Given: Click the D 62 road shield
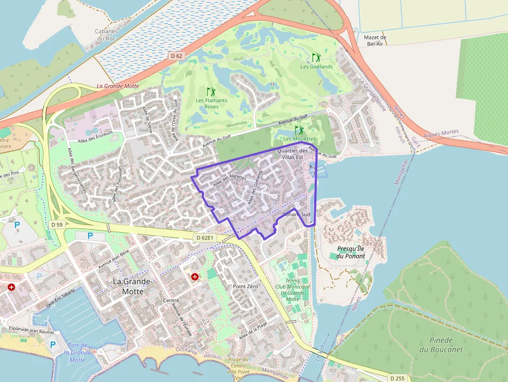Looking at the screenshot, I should (x=176, y=55).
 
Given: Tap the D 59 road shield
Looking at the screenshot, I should (x=57, y=224).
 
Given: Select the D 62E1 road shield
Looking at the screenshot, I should (x=204, y=237).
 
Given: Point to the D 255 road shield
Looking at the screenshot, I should (x=397, y=378).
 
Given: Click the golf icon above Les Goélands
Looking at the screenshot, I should (x=316, y=58).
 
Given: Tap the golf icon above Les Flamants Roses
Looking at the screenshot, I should (x=211, y=91).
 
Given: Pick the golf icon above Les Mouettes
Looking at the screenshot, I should (x=299, y=130).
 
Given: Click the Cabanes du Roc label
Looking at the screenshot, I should (x=106, y=35).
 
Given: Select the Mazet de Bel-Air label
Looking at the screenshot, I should (x=376, y=40).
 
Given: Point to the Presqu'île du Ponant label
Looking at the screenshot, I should (x=351, y=252).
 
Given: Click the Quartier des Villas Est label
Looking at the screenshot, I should (x=293, y=153).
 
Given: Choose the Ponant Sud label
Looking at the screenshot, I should (x=297, y=214).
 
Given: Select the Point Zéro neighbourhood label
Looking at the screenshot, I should (x=245, y=286).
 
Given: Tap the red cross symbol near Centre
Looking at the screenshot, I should (x=195, y=277).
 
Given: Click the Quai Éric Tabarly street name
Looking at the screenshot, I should (x=60, y=299).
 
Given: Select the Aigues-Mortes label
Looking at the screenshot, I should (x=441, y=133).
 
